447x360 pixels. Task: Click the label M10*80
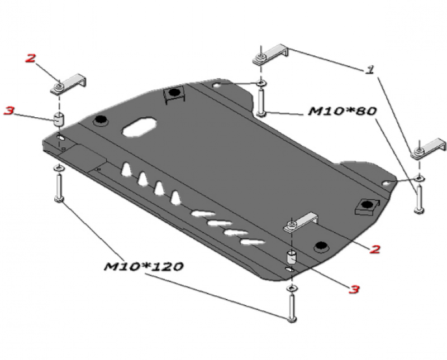342,112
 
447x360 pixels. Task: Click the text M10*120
144,267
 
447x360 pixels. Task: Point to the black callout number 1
369,70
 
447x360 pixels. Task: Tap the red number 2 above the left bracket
31,58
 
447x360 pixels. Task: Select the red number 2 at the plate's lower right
375,249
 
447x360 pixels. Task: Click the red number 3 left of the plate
9,111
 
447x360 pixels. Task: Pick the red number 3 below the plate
354,289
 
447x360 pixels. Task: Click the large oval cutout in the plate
139,127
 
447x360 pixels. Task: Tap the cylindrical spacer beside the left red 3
59,119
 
